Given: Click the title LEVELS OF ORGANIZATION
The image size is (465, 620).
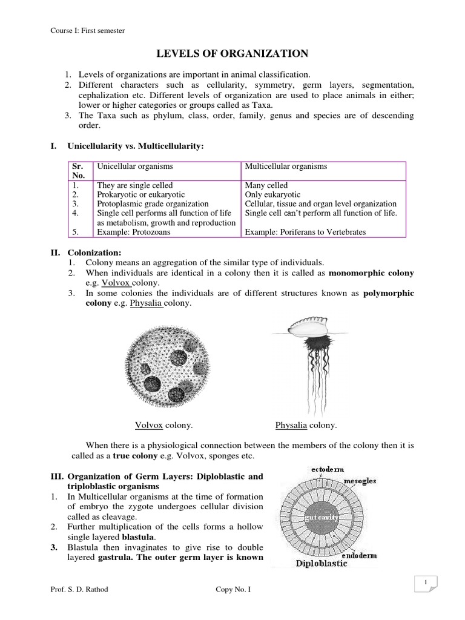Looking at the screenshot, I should point(232,54).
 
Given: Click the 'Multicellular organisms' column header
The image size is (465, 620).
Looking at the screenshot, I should point(286,167).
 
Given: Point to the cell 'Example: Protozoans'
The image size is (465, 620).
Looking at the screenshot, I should point(134,232).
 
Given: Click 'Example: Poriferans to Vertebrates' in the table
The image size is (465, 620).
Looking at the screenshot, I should point(305,232).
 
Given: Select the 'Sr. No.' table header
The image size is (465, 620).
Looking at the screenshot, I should point(78,170).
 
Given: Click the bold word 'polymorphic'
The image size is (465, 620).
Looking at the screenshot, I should point(389,293).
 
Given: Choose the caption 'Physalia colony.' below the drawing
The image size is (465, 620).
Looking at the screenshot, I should point(306,426).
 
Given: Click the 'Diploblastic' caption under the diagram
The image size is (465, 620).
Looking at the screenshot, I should point(322,564).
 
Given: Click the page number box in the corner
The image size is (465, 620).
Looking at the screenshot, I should point(426,583).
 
